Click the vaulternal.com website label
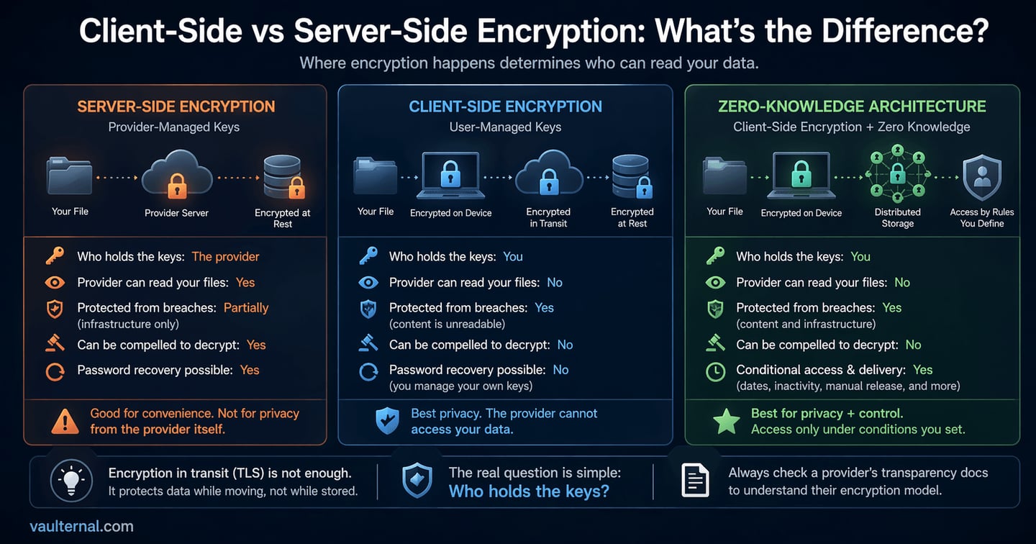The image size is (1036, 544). (81, 526)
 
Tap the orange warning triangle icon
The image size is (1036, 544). (65, 422)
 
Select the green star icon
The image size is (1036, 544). (727, 422)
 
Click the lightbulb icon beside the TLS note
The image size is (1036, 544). (71, 481)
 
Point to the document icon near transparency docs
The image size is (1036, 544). (695, 481)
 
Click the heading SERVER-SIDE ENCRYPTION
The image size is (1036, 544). (176, 106)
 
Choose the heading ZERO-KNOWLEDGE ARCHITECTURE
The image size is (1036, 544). (852, 106)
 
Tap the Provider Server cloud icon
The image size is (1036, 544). (177, 175)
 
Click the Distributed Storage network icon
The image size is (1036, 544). (898, 173)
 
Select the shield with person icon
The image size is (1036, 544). (982, 177)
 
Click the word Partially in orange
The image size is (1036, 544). (246, 308)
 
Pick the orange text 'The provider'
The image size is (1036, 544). (226, 257)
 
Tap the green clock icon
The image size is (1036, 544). (715, 372)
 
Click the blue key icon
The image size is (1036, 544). (368, 256)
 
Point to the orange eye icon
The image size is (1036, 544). (55, 283)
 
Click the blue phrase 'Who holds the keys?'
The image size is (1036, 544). (529, 491)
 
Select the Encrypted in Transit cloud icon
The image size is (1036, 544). (549, 173)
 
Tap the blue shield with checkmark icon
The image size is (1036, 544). (388, 421)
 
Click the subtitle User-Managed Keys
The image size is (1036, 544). (506, 127)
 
